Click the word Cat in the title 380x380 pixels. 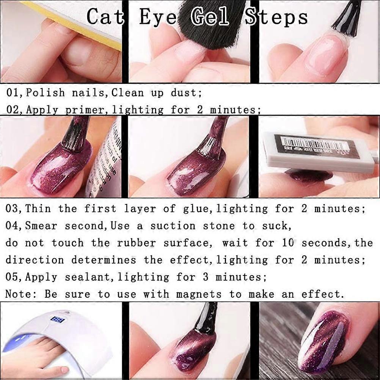tap(105, 16)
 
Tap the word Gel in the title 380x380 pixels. tap(209, 16)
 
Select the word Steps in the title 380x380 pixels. tap(276, 17)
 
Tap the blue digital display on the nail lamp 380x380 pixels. tap(58, 319)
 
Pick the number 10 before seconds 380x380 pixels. tap(288, 243)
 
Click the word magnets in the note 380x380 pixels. tap(199, 294)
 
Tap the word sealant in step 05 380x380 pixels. tap(87, 277)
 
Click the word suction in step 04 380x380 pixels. tap(173, 226)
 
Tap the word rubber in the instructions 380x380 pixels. tap(136, 243)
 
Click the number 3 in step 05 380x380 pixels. tap(206, 277)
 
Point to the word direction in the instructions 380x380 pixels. tap(35, 260)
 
